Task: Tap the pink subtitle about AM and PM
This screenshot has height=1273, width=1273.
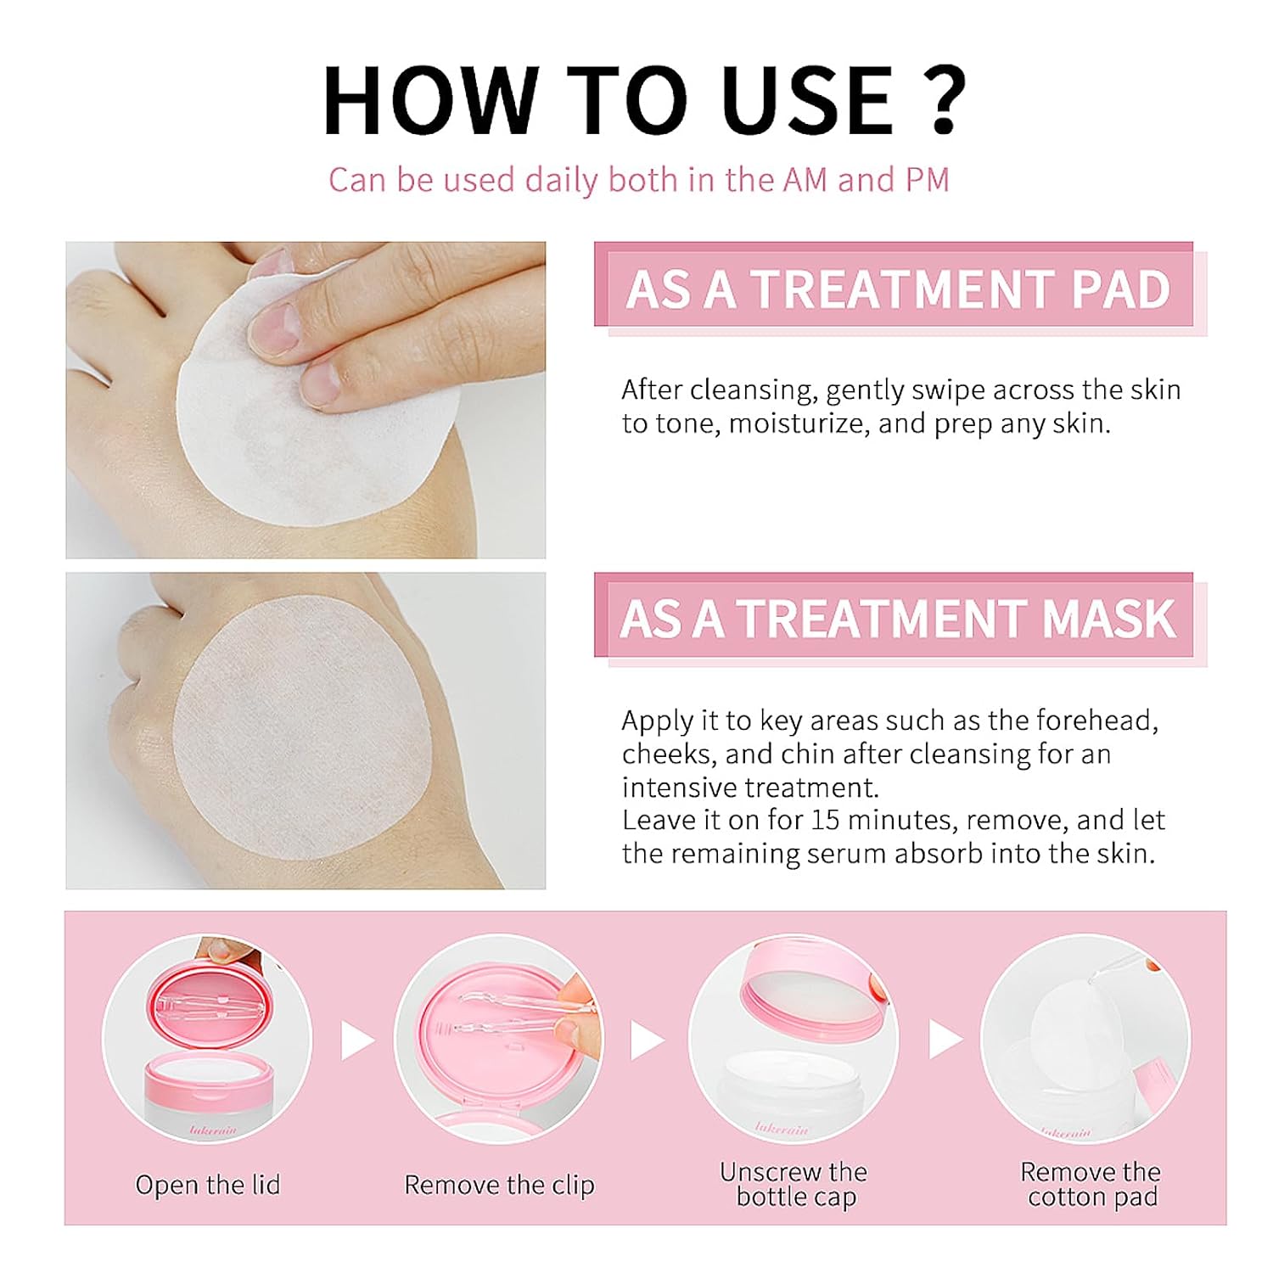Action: pyautogui.click(x=638, y=180)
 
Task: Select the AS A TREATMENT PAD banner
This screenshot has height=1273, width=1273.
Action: pyautogui.click(x=898, y=289)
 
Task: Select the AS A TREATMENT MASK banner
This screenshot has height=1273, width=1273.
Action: pyautogui.click(x=898, y=618)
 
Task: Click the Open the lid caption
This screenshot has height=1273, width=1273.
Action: pyautogui.click(x=208, y=1185)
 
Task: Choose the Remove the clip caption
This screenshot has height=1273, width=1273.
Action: pyautogui.click(x=499, y=1185)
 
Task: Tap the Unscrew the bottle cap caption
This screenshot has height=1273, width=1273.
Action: pyautogui.click(x=794, y=1185)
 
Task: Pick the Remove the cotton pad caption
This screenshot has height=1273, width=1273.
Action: pyautogui.click(x=1091, y=1185)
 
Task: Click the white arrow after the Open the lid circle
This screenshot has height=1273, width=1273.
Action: pyautogui.click(x=356, y=1040)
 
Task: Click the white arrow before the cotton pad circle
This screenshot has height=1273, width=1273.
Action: pyautogui.click(x=945, y=1040)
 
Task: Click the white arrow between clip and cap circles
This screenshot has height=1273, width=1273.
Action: pyautogui.click(x=647, y=1040)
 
